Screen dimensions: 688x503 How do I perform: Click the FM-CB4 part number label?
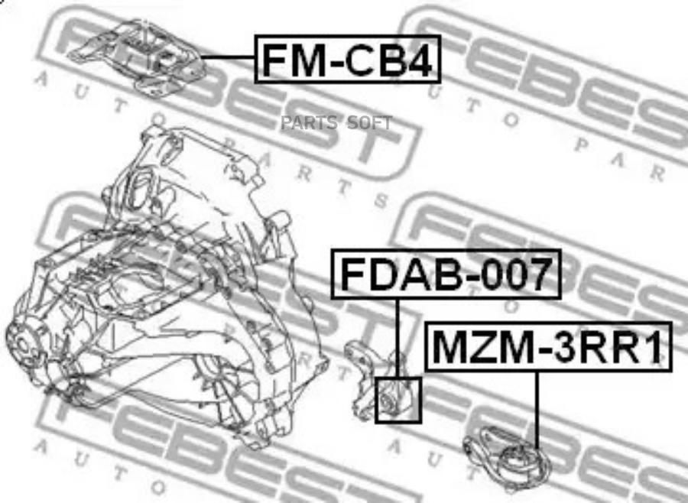[348, 59]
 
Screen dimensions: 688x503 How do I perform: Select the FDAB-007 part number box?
[446, 274]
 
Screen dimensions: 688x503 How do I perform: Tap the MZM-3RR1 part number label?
[548, 347]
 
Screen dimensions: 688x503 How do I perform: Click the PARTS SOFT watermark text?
[336, 123]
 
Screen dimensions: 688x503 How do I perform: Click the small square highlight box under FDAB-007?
[398, 400]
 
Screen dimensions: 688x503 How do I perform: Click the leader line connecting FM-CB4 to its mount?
[228, 57]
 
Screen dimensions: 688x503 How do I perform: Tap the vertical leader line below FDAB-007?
[398, 338]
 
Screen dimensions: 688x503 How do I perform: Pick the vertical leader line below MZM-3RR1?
[536, 411]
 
